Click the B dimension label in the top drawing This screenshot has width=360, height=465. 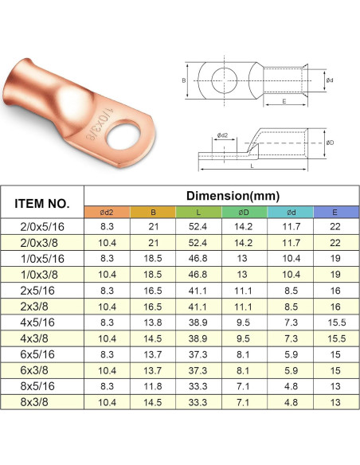tap(183, 80)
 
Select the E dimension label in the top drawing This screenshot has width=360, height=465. tap(284, 101)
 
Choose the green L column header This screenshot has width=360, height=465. tap(198, 213)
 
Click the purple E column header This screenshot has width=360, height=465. tap(335, 213)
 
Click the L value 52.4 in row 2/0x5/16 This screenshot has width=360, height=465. tap(198, 227)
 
